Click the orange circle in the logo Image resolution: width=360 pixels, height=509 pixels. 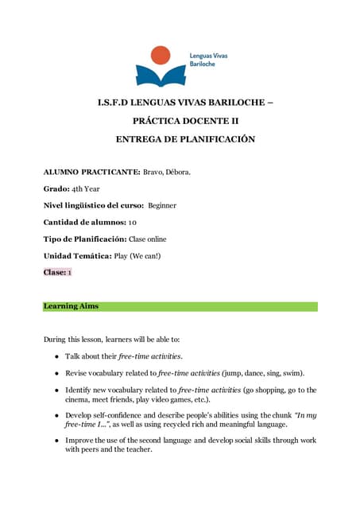(x=161, y=55)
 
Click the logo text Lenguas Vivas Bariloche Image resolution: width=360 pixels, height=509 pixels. (x=207, y=60)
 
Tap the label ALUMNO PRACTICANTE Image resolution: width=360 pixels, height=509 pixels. (x=91, y=172)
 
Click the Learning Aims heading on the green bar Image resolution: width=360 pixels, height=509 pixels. (x=72, y=306)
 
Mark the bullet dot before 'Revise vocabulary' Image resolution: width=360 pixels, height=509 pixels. (x=57, y=373)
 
